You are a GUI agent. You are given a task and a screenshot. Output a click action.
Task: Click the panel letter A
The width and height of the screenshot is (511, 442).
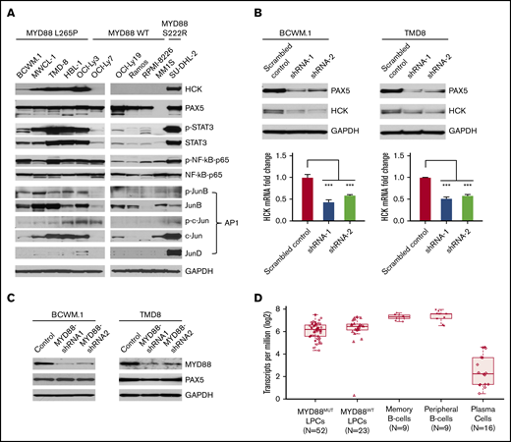(9, 13)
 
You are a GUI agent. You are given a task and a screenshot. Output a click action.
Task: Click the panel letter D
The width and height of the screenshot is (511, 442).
(257, 299)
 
